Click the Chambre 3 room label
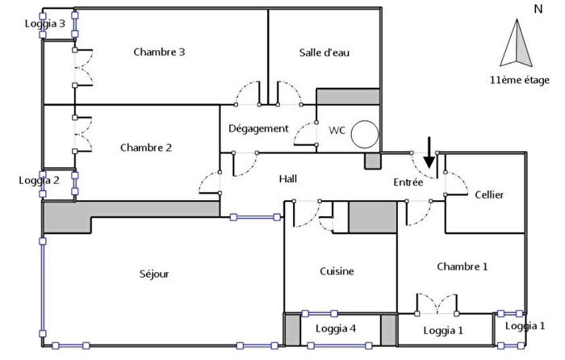click(159, 52)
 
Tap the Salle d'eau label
click(324, 53)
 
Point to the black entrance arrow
click(429, 155)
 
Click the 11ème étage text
click(519, 80)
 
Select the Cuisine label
click(337, 271)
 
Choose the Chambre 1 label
click(462, 266)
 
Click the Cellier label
click(490, 195)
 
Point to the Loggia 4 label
click(341, 329)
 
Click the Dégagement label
click(258, 128)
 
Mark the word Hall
click(288, 179)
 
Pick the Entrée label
click(408, 183)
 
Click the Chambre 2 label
click(146, 148)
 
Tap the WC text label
click(336, 130)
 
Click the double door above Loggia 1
click(436, 306)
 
